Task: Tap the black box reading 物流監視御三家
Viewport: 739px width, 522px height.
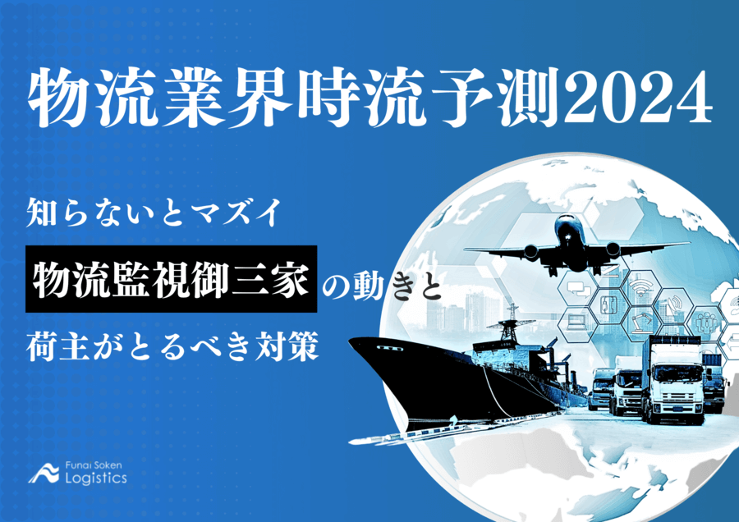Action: click(171, 279)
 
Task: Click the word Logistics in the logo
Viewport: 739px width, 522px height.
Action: click(96, 478)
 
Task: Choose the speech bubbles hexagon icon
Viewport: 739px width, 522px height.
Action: click(573, 288)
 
